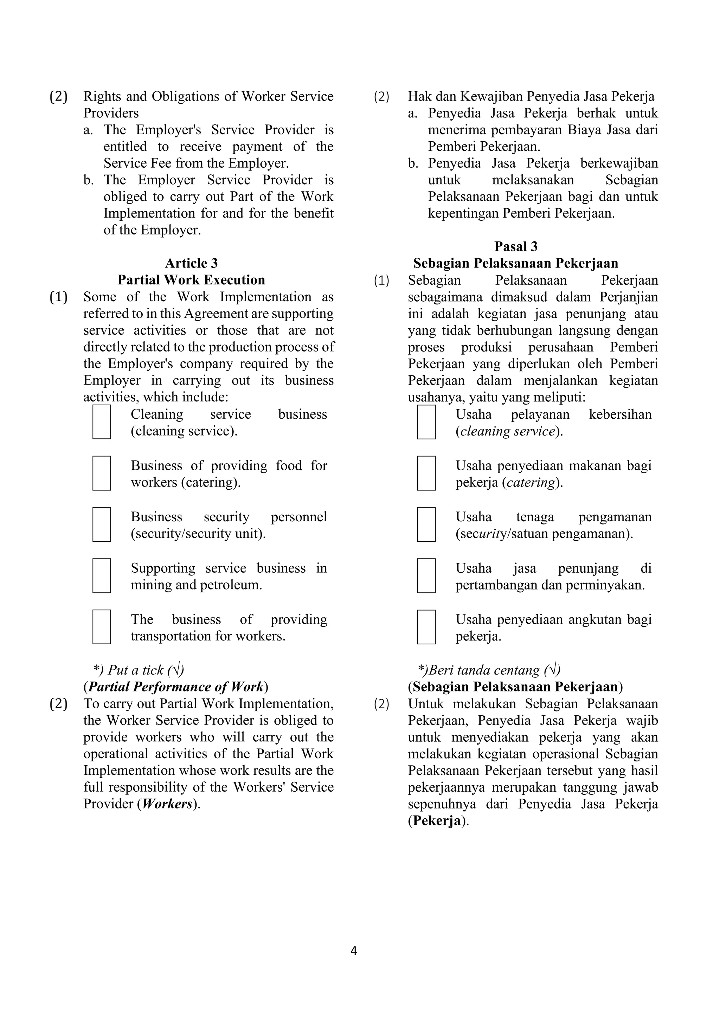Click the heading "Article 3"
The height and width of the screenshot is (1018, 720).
point(191,263)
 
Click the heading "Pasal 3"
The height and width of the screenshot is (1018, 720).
point(516,246)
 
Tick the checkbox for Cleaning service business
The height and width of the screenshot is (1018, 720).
point(102,422)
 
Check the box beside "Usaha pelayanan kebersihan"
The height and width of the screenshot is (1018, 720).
point(426,422)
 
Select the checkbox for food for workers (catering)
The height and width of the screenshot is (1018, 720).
point(102,473)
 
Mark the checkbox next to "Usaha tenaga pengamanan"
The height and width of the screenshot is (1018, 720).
point(426,524)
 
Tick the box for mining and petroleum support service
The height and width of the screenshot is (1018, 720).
point(102,576)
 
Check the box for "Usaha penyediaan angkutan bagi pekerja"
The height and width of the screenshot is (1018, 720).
point(426,627)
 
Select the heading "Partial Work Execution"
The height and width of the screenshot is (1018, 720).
point(191,280)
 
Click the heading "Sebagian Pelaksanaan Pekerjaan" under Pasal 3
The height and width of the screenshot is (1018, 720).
point(516,263)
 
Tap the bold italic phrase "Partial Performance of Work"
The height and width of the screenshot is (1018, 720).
point(175,687)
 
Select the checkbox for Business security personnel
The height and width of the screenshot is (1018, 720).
point(102,524)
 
